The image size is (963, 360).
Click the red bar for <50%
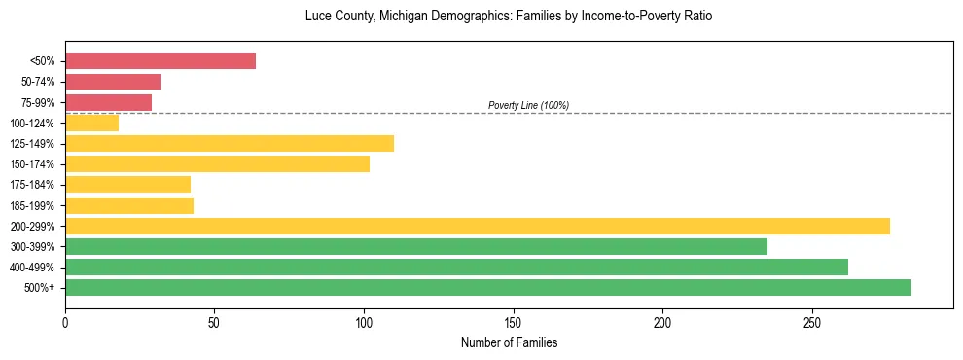point(160,61)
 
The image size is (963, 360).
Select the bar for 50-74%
point(113,82)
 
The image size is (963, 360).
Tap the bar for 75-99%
point(108,102)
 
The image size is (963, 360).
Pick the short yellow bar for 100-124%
point(91,123)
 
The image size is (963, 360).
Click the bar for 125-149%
point(230,144)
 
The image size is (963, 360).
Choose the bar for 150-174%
point(217,164)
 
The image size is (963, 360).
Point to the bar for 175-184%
point(127,185)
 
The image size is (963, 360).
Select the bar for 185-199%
point(129,205)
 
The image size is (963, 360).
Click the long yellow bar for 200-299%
point(478,226)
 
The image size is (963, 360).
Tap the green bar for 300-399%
point(416,246)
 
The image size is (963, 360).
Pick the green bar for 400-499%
point(456,267)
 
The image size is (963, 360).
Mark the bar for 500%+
point(488,287)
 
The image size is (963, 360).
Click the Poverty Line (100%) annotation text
point(528,105)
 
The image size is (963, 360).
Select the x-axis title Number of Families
point(509,342)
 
